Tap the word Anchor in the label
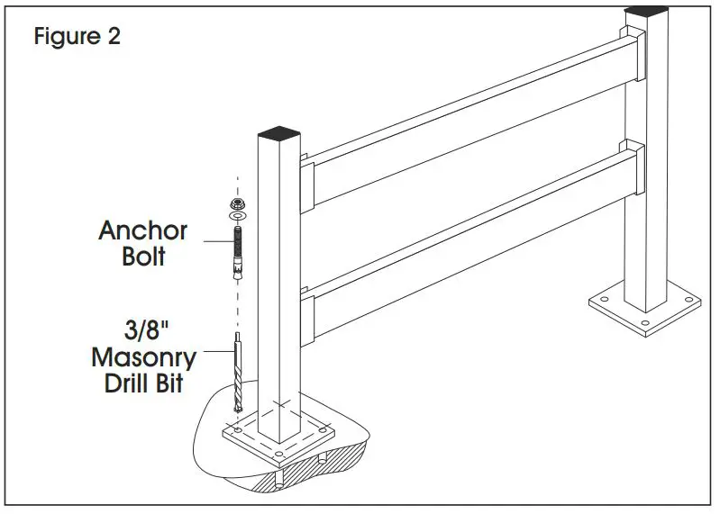point(142,230)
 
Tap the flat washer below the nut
point(237,216)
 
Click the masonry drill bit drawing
point(237,374)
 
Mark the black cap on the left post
point(281,133)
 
